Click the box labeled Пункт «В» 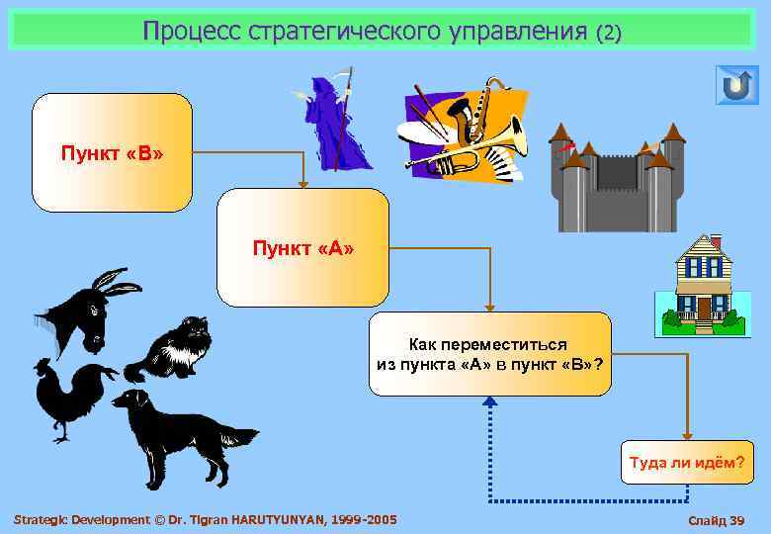pyautogui.click(x=112, y=153)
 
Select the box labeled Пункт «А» pyautogui.click(x=302, y=247)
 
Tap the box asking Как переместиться pyautogui.click(x=490, y=353)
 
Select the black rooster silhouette pyautogui.click(x=69, y=396)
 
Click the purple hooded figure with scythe pyautogui.click(x=335, y=123)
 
